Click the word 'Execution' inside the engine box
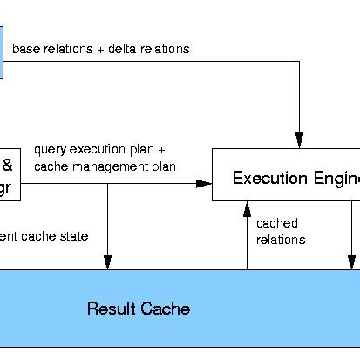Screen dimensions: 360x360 pos(265,179)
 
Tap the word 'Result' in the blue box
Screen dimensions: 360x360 pos(109,309)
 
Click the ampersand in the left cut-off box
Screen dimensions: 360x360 pos(7,164)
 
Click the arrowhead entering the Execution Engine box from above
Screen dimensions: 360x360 pos(299,141)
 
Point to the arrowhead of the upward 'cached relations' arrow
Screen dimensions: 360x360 pos(248,208)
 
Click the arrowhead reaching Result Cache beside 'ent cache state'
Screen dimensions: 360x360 pos(107,262)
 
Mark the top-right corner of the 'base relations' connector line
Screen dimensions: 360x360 pos(299,62)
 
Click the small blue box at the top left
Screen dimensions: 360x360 pos(2,51)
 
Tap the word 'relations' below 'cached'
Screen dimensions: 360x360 pos(281,239)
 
